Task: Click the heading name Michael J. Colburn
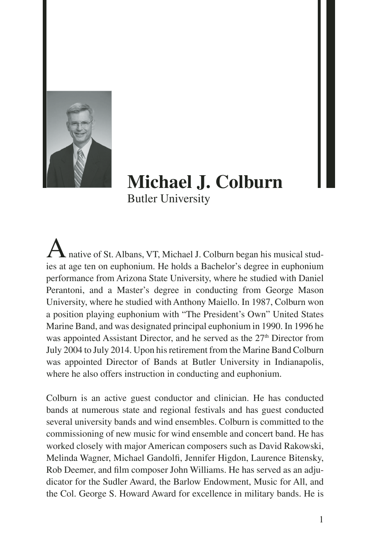coord(205,182)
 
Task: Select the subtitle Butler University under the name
coord(169,199)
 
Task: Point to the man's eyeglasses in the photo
coord(81,124)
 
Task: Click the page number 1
coord(321,520)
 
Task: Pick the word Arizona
coord(131,278)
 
